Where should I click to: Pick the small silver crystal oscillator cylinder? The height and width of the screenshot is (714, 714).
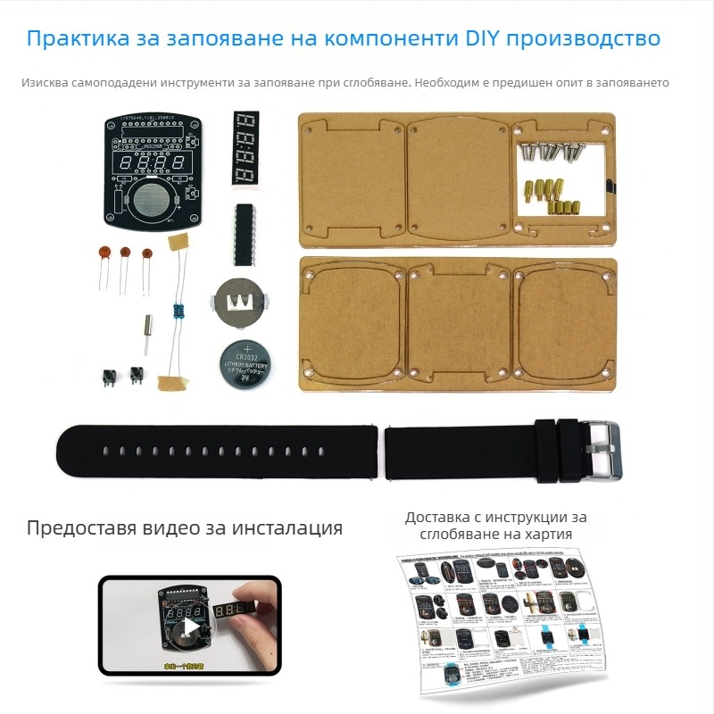click(144, 338)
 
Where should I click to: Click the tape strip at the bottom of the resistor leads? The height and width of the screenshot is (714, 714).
click(173, 383)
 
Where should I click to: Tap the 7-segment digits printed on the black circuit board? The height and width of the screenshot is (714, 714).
click(149, 164)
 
